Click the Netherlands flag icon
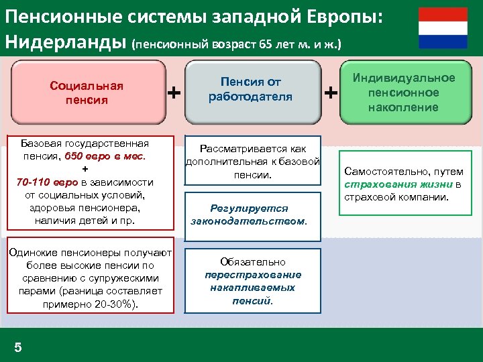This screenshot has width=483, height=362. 443,27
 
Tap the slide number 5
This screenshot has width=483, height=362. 18,347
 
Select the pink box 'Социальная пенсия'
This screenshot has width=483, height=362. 87,93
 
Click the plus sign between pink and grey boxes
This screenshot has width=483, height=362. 174,92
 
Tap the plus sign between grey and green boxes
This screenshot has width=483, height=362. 331,92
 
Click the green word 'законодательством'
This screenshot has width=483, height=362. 248,221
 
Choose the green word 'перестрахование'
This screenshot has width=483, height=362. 253,275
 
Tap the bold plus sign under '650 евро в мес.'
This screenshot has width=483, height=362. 85,169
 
